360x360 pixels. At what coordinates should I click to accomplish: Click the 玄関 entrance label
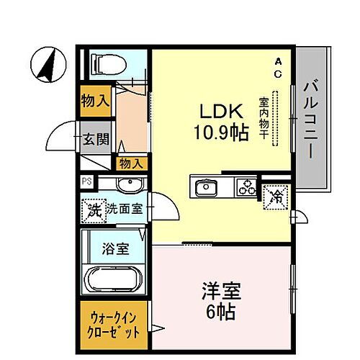pos(89,140)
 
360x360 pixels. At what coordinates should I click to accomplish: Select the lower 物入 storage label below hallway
pos(130,164)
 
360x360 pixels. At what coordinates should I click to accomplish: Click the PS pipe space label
pos(86,182)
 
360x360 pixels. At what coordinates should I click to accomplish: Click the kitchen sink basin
pos(206,188)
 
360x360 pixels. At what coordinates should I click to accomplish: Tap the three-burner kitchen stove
pos(246,187)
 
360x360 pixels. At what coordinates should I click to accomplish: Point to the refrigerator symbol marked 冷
pos(276,195)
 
